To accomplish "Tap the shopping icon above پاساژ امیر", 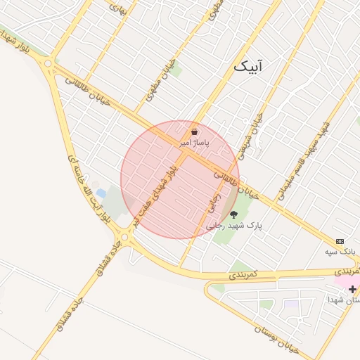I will click(194, 131).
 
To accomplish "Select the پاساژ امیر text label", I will click(195, 142).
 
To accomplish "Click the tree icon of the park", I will click(234, 215).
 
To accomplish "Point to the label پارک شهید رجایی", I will click(234, 226).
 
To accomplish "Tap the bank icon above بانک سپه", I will click(340, 241).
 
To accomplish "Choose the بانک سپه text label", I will click(340, 251).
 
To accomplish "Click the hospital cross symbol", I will click(352, 288).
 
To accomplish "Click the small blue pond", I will click(101, 193).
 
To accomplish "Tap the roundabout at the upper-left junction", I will click(48, 65).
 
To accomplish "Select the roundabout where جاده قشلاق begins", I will click(125, 237).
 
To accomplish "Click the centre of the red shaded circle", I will click(180, 179).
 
